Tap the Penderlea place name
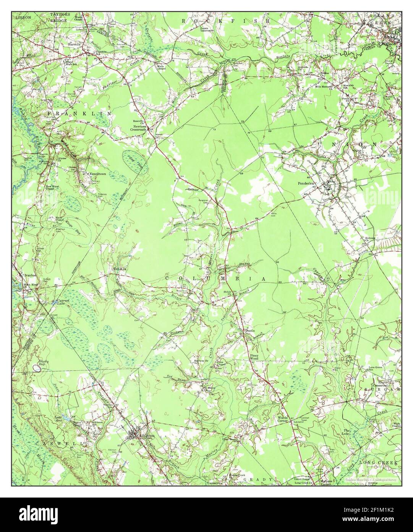coord(306,183)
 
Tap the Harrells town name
coord(74,44)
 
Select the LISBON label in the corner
coord(21,18)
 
